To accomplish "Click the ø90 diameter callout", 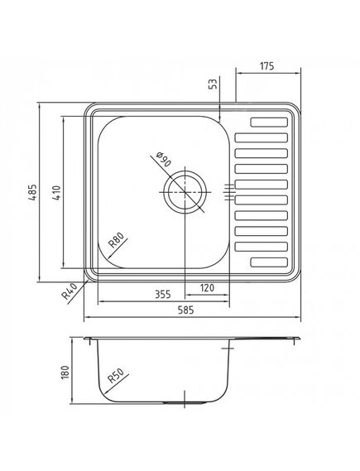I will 162,161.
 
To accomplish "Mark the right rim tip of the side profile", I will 300,339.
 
